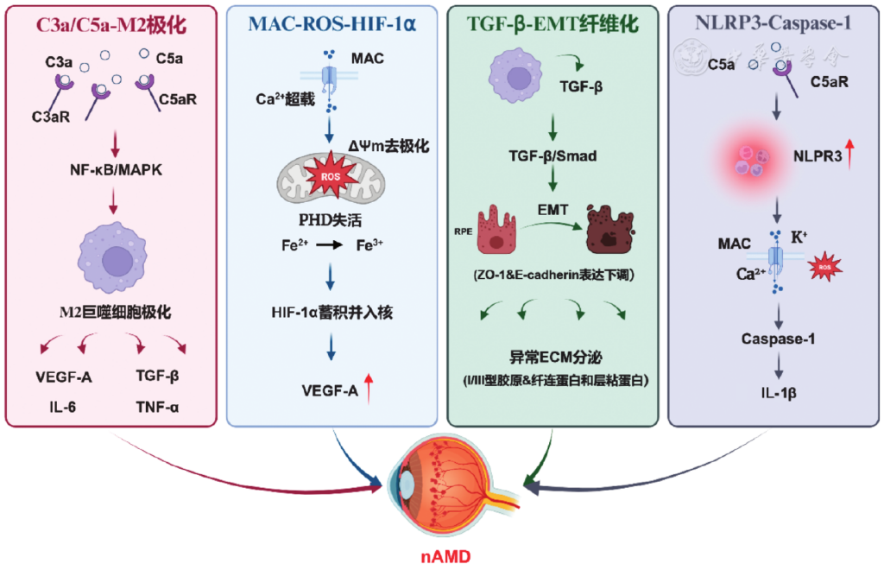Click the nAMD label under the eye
(x=445, y=556)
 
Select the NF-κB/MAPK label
(x=116, y=169)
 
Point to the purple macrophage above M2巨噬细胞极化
(x=113, y=257)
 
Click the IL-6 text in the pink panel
(x=62, y=407)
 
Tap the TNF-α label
(x=157, y=407)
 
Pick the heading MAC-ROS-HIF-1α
(x=332, y=24)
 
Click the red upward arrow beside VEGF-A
(x=369, y=389)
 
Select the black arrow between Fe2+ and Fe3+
(x=329, y=244)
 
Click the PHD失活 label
(x=331, y=220)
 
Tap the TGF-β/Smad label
(x=552, y=155)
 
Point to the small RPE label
(x=463, y=231)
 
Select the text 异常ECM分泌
(x=555, y=357)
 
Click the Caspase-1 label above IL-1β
(x=778, y=339)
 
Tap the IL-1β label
(x=779, y=393)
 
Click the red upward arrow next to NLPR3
(x=849, y=154)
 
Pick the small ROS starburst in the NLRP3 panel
(x=824, y=267)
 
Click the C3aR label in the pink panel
(x=51, y=117)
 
